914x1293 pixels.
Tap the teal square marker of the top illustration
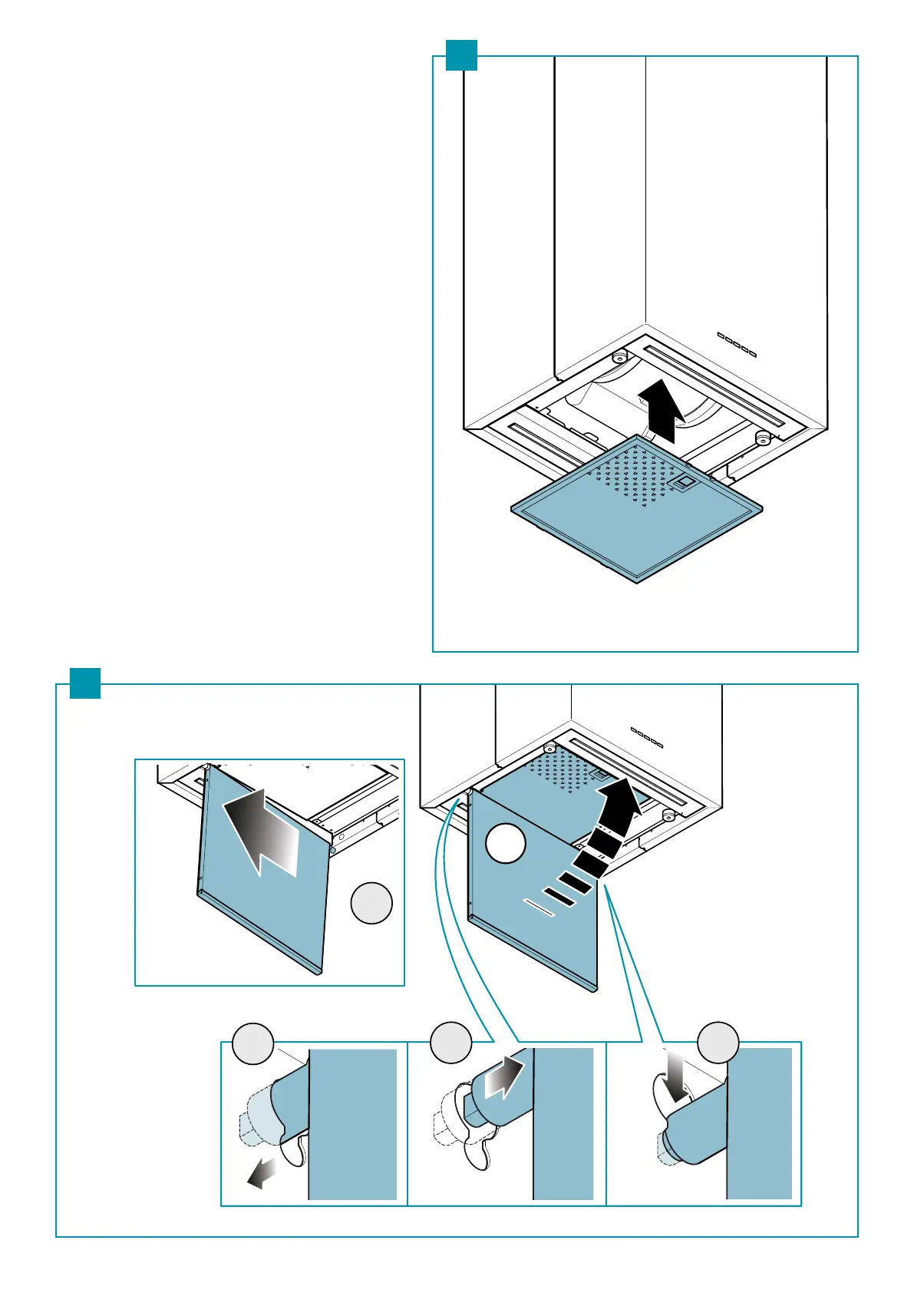pyautogui.click(x=461, y=55)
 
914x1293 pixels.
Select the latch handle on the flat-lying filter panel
pyautogui.click(x=684, y=483)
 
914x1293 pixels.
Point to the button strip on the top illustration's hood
pyautogui.click(x=737, y=344)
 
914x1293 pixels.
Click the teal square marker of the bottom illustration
pyautogui.click(x=85, y=683)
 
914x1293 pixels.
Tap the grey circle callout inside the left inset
pyautogui.click(x=371, y=903)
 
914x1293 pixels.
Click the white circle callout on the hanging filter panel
pyautogui.click(x=506, y=843)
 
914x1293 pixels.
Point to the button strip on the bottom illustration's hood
pyautogui.click(x=646, y=737)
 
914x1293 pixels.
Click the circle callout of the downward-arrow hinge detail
pyautogui.click(x=718, y=1042)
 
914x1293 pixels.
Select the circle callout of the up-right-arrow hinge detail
pyautogui.click(x=450, y=1042)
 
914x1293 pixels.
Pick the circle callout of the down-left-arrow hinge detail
pyautogui.click(x=253, y=1043)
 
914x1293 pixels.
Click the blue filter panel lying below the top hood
pyautogui.click(x=637, y=522)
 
